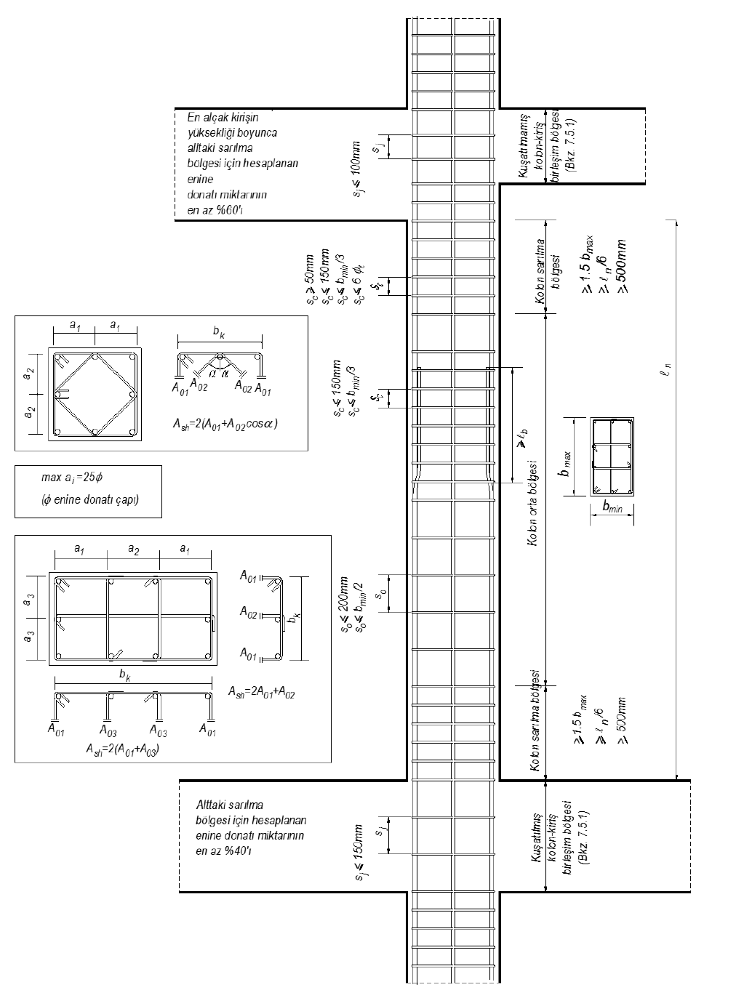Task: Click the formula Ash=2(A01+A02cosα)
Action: pyautogui.click(x=225, y=424)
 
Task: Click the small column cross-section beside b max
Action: pyautogui.click(x=612, y=458)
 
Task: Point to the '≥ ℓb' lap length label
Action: pyautogui.click(x=521, y=437)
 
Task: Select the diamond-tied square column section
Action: pyautogui.click(x=95, y=394)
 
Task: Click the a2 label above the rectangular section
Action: pyautogui.click(x=133, y=550)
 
